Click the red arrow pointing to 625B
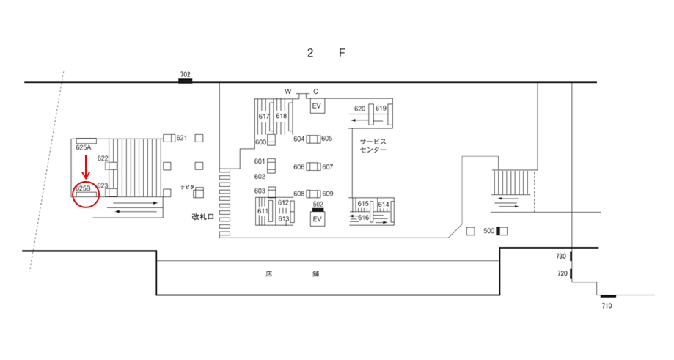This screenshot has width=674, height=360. click(86, 166)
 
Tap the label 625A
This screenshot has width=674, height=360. click(84, 147)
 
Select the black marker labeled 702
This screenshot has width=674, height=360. click(186, 81)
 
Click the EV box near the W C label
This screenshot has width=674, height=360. click(318, 106)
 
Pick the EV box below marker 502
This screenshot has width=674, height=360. click(318, 219)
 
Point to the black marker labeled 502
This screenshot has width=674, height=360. click(318, 210)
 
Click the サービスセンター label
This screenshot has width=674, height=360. click(373, 145)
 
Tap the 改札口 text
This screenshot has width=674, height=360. click(203, 217)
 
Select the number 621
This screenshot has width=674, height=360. click(182, 138)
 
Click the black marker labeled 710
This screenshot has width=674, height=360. click(608, 296)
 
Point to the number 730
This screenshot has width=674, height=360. click(561, 256)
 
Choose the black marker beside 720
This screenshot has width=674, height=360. click(571, 273)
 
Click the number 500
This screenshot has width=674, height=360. click(488, 231)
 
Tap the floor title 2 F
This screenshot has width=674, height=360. click(326, 53)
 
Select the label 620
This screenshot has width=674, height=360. click(360, 109)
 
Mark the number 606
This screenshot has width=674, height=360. click(299, 166)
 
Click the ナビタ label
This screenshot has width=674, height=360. click(188, 187)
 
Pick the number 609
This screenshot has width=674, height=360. click(328, 194)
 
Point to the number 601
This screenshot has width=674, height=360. click(260, 161)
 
